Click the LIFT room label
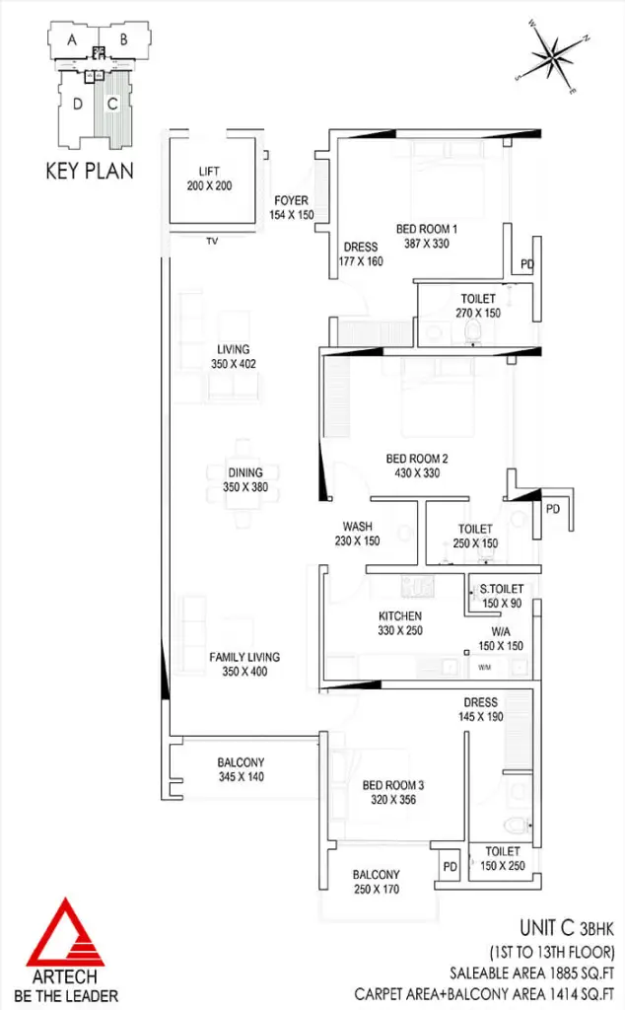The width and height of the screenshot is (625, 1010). (209, 179)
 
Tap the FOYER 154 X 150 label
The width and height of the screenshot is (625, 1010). (292, 207)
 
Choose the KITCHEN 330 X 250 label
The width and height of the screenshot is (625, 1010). (400, 623)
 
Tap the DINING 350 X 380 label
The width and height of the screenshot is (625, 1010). (245, 480)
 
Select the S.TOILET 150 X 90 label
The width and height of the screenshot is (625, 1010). (502, 596)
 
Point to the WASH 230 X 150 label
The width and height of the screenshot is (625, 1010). (357, 534)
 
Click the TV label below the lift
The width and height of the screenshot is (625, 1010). (212, 241)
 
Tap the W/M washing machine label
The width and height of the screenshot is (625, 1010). (485, 668)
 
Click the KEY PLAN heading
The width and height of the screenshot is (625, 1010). (90, 171)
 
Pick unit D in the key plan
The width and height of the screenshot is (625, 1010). (78, 104)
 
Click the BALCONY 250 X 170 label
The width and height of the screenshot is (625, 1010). (377, 882)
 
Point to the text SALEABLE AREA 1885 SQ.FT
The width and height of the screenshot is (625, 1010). (531, 973)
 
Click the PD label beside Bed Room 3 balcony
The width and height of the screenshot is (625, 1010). (451, 866)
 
